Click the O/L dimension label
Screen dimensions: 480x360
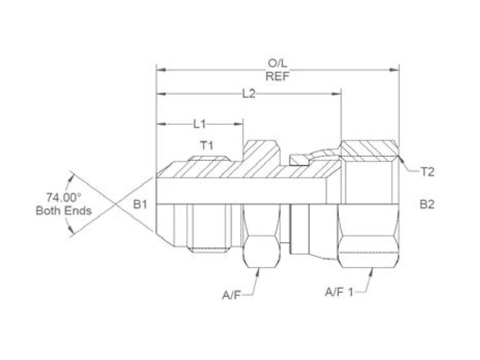278,64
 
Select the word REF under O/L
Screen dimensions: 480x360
278,76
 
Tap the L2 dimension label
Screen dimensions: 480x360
248,94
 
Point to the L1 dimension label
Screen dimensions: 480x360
200,124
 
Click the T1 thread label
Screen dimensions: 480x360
206,145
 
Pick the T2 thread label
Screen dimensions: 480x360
427,172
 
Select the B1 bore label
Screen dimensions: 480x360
140,204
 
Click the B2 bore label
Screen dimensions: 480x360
427,204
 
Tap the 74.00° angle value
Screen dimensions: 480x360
64,197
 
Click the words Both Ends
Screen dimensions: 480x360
64,211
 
